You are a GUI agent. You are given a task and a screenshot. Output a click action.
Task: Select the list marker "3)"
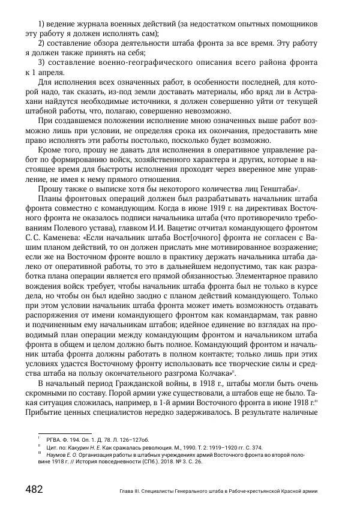pos(42,62)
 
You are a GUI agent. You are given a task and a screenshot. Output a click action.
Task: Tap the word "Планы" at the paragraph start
pos(50,198)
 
